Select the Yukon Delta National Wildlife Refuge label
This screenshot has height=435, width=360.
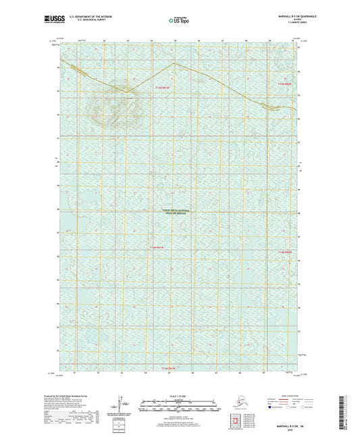point(176,211)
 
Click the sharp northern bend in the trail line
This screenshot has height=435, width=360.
point(174,63)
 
